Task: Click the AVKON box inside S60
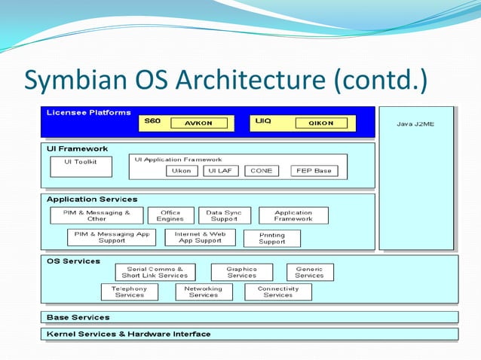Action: point(199,124)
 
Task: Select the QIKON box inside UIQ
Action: point(321,124)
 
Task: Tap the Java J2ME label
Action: point(415,124)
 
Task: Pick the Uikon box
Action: point(182,171)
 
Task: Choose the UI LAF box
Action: point(221,171)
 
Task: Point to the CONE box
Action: point(262,171)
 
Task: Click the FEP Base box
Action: point(314,171)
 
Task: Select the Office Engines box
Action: point(170,215)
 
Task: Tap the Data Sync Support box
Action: point(224,215)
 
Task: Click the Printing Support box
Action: point(271,239)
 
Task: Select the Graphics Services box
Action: point(241,272)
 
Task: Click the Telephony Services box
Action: point(130,292)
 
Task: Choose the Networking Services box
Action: point(203,292)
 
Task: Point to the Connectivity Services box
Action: point(278,292)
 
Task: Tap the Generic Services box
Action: point(309,272)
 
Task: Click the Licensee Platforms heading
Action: point(88,113)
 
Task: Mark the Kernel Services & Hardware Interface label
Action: point(129,334)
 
